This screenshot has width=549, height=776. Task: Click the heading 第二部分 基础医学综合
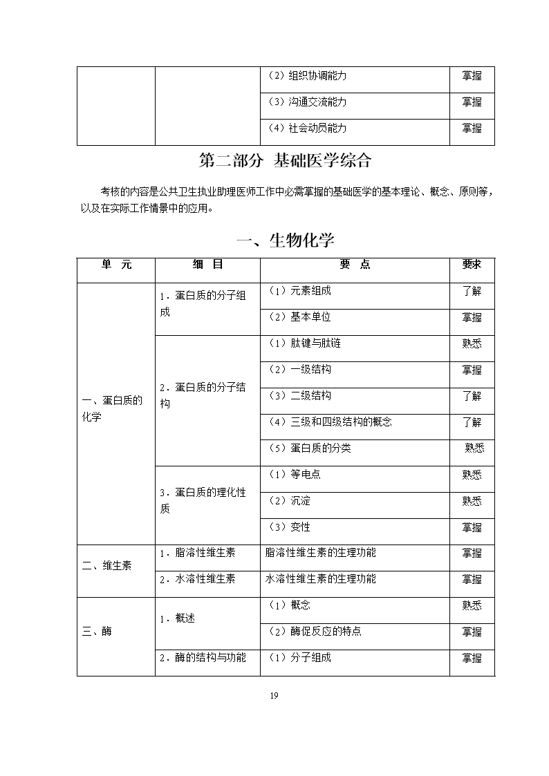point(285,161)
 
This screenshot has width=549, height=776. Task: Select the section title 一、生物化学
point(285,240)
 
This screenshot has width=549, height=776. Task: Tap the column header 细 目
point(207,265)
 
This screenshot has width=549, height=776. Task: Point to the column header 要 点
point(355,265)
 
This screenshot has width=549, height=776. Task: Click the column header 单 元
point(115,265)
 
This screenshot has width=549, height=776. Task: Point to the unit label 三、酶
point(97,632)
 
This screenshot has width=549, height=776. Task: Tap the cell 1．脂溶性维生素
point(197,553)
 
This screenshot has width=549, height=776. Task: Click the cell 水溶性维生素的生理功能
point(321,579)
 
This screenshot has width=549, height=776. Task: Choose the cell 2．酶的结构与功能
point(203,658)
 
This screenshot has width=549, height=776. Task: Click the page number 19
point(274,696)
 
